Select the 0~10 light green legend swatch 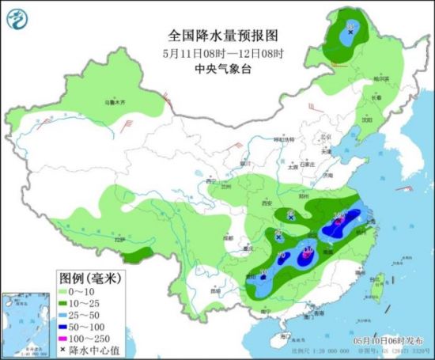coord(69,292)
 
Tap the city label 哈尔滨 coord(382,79)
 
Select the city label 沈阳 coord(365,120)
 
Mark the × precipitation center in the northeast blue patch coord(350,32)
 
